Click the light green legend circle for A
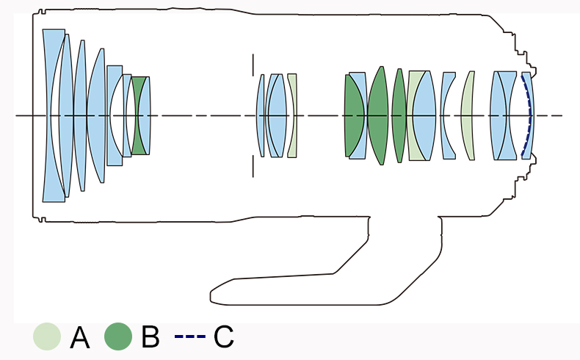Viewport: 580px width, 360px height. click(x=46, y=337)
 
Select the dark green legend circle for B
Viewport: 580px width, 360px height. click(x=118, y=337)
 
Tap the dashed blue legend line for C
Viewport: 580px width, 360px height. click(x=190, y=337)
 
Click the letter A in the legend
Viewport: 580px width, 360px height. click(x=79, y=338)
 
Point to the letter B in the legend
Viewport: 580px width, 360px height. click(x=150, y=338)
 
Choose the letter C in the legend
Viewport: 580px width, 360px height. click(x=223, y=338)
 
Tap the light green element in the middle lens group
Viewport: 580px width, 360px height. click(x=292, y=115)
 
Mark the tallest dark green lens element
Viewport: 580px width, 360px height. click(x=377, y=115)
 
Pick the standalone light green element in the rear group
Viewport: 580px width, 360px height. click(x=467, y=115)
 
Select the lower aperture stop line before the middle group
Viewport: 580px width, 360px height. click(x=253, y=166)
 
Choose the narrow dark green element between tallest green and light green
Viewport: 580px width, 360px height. click(x=399, y=115)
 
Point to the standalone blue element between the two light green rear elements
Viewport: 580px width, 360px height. click(x=448, y=115)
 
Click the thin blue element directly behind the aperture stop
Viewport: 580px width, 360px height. click(x=261, y=115)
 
